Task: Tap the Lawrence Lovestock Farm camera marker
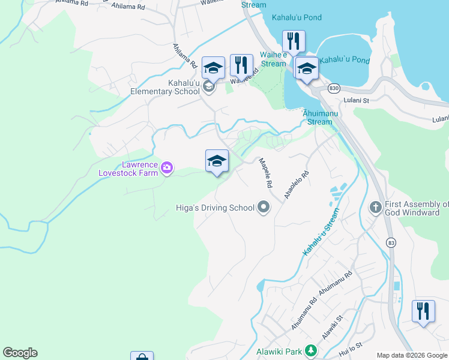[x=167, y=169]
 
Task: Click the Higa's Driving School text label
[x=215, y=208]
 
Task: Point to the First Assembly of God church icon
[x=376, y=208]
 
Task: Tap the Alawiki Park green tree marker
[x=310, y=350]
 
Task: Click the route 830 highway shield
[x=334, y=88]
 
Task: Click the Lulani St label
[x=355, y=101]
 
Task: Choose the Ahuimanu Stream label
[x=318, y=117]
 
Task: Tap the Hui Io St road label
[x=351, y=347]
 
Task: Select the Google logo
[x=20, y=353]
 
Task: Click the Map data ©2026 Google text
[x=411, y=355]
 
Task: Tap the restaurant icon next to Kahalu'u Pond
[x=294, y=42]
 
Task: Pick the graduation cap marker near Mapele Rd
[x=217, y=161]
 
